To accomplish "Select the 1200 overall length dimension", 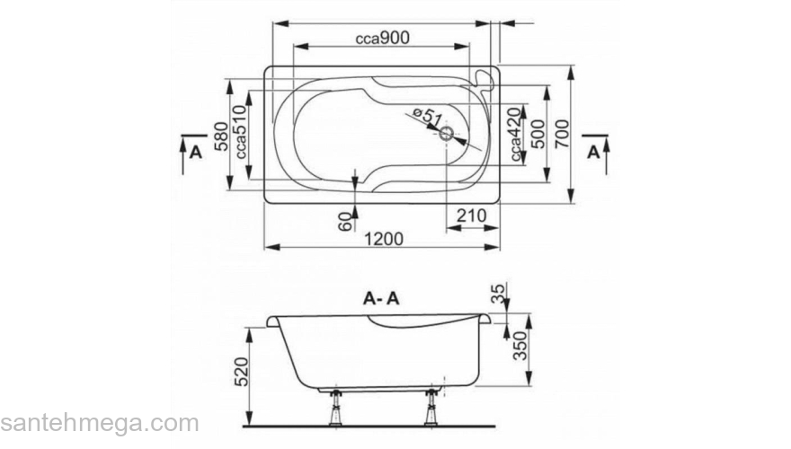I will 385,239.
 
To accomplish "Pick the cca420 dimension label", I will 515,136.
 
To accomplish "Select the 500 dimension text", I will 537,135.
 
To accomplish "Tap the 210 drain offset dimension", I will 471,216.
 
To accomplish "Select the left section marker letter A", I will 194,152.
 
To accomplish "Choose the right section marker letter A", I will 593,152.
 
